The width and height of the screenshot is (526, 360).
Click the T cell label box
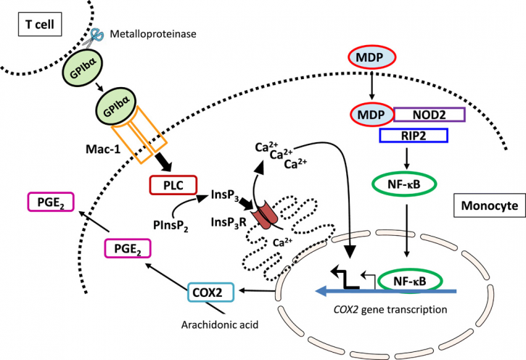click(x=40, y=25)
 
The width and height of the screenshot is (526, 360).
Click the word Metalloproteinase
click(x=153, y=34)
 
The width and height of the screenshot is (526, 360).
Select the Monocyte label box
click(x=490, y=205)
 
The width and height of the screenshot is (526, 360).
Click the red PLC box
click(x=173, y=185)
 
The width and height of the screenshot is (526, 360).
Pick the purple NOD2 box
click(x=429, y=115)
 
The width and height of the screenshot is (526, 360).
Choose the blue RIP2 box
click(x=414, y=135)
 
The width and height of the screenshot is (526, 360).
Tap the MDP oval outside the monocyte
click(x=371, y=57)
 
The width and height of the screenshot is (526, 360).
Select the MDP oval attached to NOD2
click(x=371, y=115)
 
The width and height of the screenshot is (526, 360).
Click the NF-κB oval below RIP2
click(x=404, y=184)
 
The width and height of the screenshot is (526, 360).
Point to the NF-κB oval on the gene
click(x=410, y=282)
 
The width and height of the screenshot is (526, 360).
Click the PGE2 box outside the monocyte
click(x=51, y=202)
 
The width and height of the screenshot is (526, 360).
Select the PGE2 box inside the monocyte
click(x=128, y=248)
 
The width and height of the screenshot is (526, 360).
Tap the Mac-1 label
click(x=102, y=149)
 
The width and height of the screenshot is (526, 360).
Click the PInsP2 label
click(x=170, y=226)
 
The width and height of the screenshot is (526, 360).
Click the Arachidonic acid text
click(x=220, y=324)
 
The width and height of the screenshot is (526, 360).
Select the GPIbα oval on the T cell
click(x=82, y=70)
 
